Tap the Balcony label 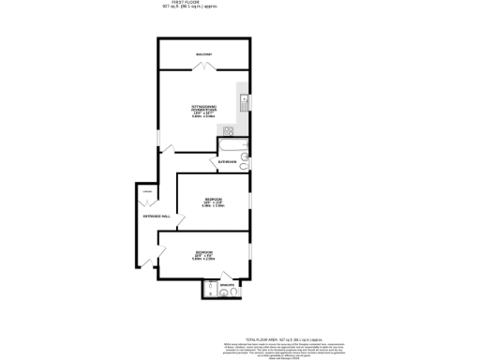pos(203,54)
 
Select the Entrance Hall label pos(156,217)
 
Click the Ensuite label pos(225,279)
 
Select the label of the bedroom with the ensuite pos(202,253)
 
